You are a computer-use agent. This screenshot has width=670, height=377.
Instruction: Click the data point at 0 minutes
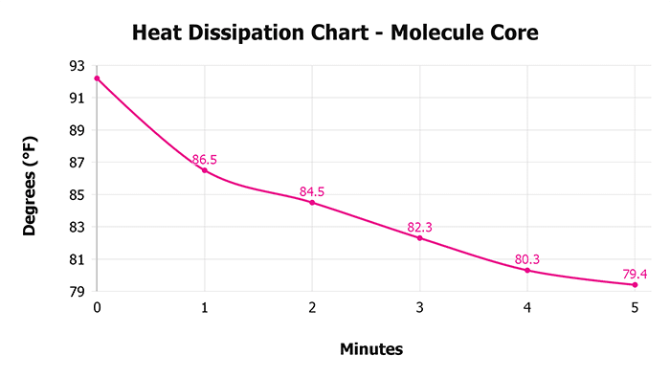click(x=97, y=78)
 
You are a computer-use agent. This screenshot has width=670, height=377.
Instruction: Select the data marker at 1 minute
click(x=204, y=170)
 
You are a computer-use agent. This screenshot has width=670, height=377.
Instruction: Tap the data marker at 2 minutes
click(x=312, y=203)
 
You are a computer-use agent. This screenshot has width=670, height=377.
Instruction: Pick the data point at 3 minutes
click(x=419, y=238)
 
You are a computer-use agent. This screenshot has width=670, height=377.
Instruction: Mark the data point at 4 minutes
click(x=527, y=271)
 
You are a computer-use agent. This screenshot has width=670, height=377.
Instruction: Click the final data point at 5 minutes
click(x=635, y=284)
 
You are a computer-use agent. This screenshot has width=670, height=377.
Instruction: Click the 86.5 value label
click(x=205, y=160)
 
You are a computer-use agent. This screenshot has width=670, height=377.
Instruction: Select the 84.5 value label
click(x=312, y=192)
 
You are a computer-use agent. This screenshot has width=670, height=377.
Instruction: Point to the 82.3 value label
click(x=420, y=228)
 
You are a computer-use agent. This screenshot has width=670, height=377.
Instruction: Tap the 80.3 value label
click(x=527, y=259)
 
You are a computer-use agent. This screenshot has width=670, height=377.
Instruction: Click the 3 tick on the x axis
click(x=419, y=307)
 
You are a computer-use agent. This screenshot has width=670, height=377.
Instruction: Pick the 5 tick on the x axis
click(x=635, y=307)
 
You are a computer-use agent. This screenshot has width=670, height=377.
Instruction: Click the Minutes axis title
click(x=371, y=349)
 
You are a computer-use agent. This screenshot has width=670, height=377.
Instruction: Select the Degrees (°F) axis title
click(x=31, y=179)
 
